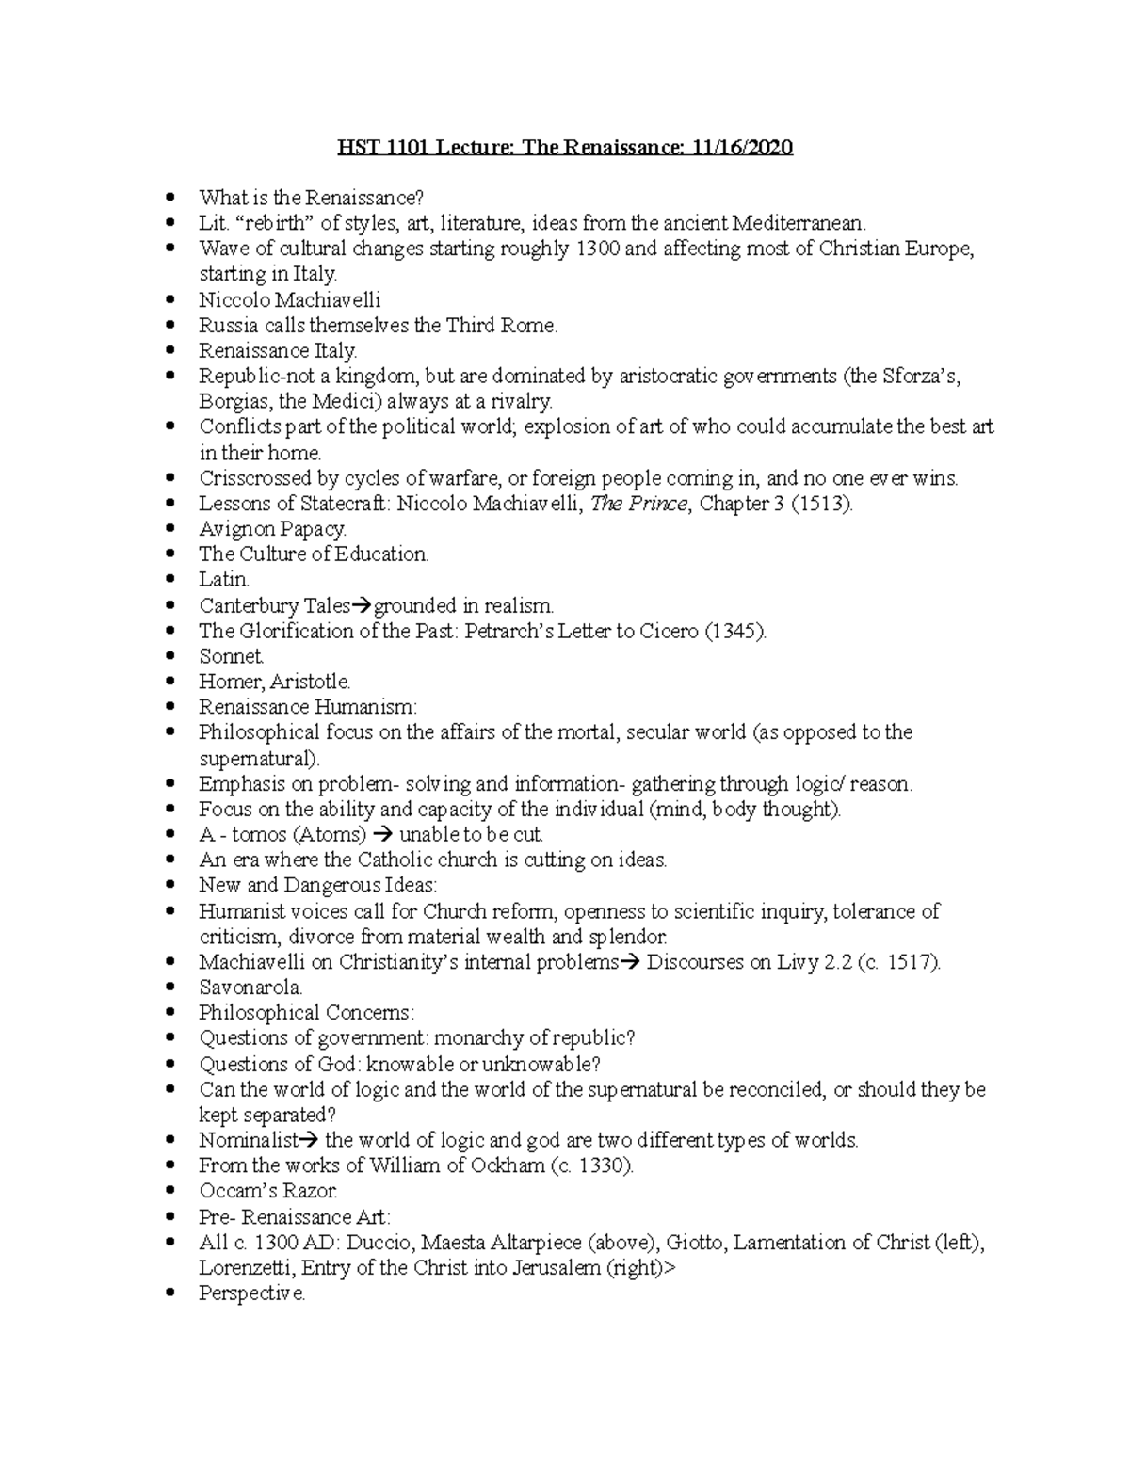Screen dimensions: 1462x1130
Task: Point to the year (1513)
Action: tap(821, 504)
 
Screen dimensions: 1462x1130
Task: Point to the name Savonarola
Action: tap(250, 988)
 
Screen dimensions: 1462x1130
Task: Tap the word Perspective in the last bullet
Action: tap(251, 1293)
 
